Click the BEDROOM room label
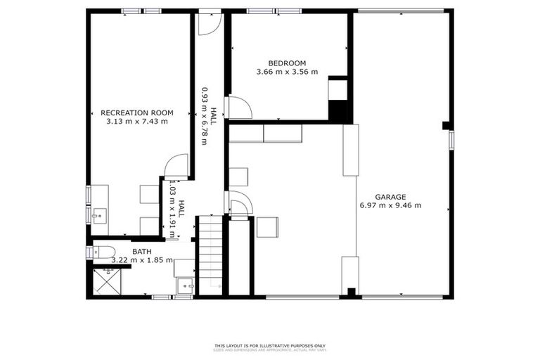[287, 62]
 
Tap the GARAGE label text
[390, 197]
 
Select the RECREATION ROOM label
[136, 112]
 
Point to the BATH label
[141, 251]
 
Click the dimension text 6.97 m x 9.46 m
[390, 205]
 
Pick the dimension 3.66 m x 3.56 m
[287, 71]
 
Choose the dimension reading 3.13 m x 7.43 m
[136, 121]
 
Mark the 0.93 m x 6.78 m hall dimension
[205, 116]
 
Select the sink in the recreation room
[100, 214]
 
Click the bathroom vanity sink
[186, 286]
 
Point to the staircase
[210, 255]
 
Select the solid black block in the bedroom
[340, 111]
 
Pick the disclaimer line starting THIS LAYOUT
[270, 345]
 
